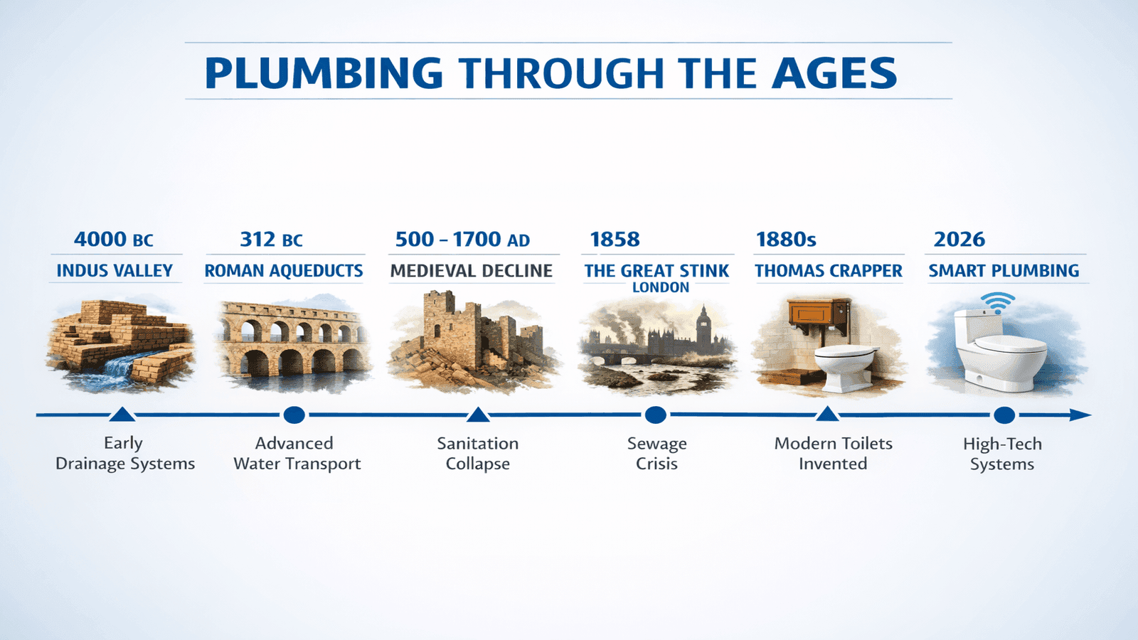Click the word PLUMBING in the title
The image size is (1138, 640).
(x=324, y=73)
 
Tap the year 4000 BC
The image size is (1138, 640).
(x=114, y=240)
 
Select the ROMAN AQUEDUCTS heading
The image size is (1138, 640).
(x=284, y=271)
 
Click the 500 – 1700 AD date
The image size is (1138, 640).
(x=462, y=240)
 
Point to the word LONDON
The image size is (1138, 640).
(x=661, y=288)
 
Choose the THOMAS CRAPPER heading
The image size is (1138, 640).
(x=829, y=271)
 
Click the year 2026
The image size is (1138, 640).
(x=959, y=240)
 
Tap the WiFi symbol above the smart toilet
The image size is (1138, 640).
(x=999, y=302)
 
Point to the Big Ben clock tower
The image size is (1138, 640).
(x=703, y=324)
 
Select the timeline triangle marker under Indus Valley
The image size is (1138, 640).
(x=123, y=414)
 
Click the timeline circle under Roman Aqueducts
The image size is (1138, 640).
(x=294, y=415)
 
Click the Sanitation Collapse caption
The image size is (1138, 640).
(x=478, y=454)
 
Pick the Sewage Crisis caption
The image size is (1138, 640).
(x=657, y=454)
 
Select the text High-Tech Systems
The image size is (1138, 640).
(x=1002, y=454)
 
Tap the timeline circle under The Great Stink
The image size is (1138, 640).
(x=655, y=415)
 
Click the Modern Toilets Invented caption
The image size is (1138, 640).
(x=833, y=454)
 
